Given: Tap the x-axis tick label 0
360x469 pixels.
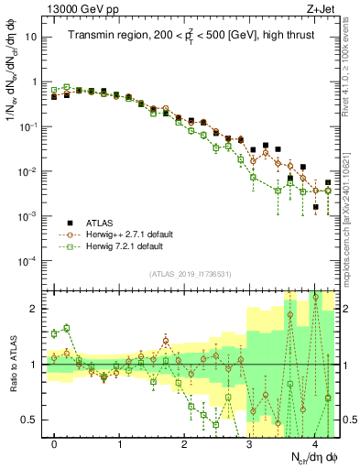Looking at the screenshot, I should tap(55, 442).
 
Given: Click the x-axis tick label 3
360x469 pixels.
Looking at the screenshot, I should tap(249, 442).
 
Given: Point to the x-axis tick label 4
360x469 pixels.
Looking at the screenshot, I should tap(314, 442).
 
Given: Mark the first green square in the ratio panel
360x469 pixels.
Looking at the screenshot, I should tap(55, 333).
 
